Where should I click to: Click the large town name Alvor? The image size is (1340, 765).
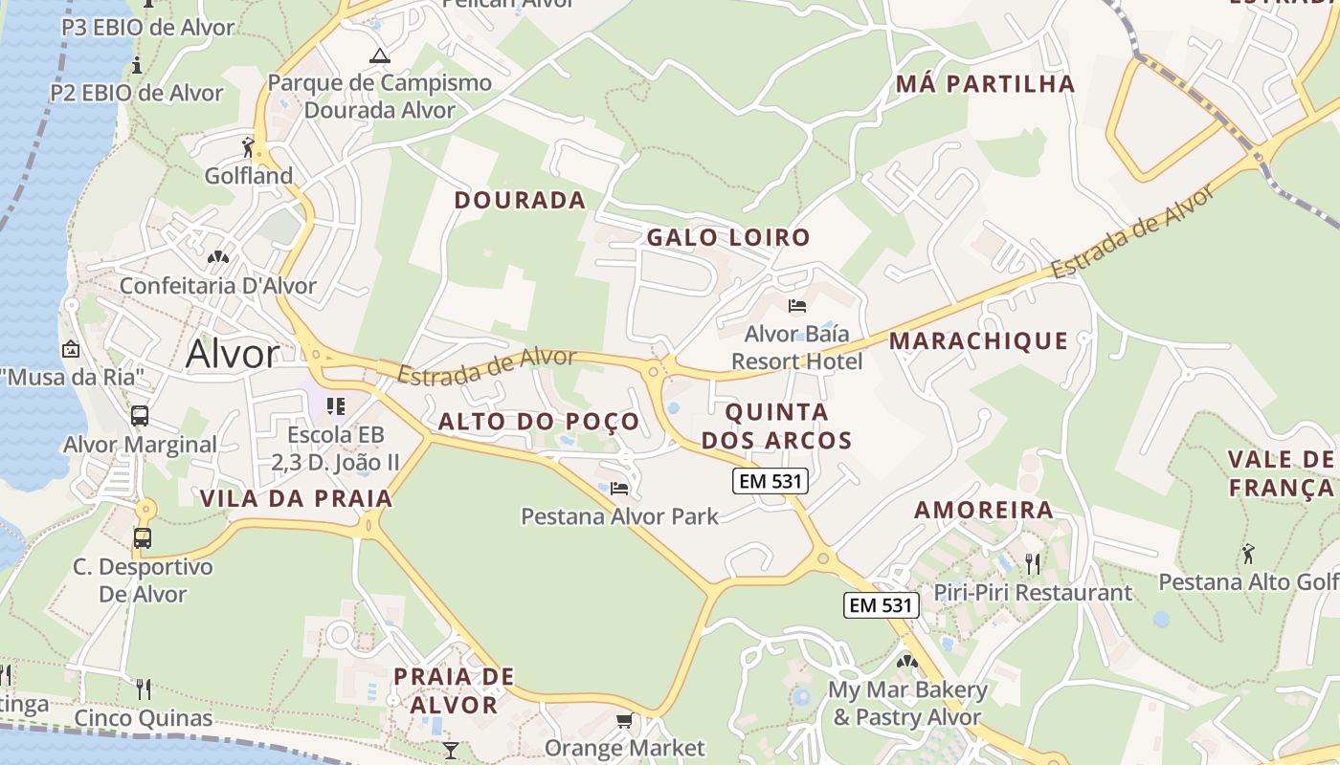pyautogui.click(x=233, y=354)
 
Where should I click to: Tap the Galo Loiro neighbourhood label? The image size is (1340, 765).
pyautogui.click(x=728, y=237)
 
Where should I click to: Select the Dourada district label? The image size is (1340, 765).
pyautogui.click(x=520, y=200)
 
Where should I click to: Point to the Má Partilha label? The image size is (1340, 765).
pyautogui.click(x=986, y=83)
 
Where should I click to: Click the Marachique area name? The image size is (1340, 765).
pyautogui.click(x=978, y=340)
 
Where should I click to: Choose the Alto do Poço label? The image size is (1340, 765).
pyautogui.click(x=539, y=422)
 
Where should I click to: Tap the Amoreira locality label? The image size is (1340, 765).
pyautogui.click(x=984, y=510)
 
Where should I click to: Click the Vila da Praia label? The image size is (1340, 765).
pyautogui.click(x=297, y=498)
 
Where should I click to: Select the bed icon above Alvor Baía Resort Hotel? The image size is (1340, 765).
pyautogui.click(x=797, y=306)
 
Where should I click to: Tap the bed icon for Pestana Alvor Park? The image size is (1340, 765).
pyautogui.click(x=619, y=489)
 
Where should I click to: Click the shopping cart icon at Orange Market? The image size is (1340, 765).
pyautogui.click(x=624, y=720)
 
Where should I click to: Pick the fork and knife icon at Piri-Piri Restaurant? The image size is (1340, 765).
pyautogui.click(x=1032, y=563)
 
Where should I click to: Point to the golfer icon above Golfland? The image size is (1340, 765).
pyautogui.click(x=248, y=147)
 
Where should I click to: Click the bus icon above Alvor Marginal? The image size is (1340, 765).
pyautogui.click(x=140, y=416)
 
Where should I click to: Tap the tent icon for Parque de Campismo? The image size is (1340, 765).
pyautogui.click(x=380, y=55)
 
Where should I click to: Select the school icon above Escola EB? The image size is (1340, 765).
pyautogui.click(x=335, y=406)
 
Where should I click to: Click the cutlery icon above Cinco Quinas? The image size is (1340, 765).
pyautogui.click(x=144, y=688)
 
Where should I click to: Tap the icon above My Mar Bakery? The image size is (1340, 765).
pyautogui.click(x=906, y=661)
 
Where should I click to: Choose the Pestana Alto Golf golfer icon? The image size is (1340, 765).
pyautogui.click(x=1247, y=553)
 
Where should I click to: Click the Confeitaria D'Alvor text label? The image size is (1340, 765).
pyautogui.click(x=218, y=285)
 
